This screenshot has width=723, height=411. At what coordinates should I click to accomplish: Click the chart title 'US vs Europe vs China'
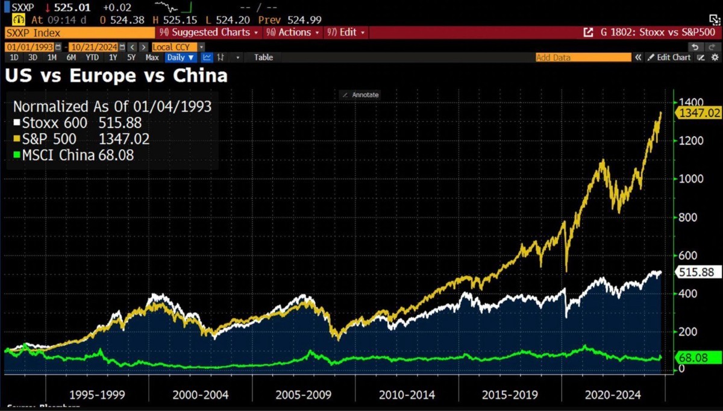click(116, 76)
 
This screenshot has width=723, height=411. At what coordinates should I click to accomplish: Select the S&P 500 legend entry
click(81, 139)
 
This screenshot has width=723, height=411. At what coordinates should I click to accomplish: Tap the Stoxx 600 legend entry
click(81, 123)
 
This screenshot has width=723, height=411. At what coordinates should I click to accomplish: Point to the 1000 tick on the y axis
click(689, 179)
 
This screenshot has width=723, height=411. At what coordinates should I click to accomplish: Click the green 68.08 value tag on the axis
click(693, 358)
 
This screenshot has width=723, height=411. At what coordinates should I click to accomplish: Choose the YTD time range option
click(92, 57)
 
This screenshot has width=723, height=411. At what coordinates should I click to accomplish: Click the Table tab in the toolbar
click(263, 57)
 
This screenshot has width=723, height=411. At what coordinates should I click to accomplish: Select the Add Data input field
click(582, 57)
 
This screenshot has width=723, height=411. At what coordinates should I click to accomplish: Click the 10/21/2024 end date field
click(92, 47)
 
